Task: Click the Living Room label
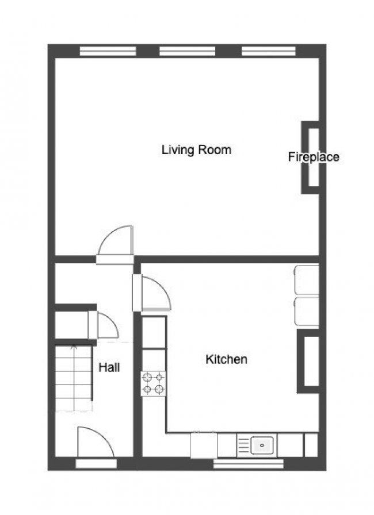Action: click(x=196, y=150)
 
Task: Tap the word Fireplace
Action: click(x=313, y=156)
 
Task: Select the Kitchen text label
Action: click(x=226, y=359)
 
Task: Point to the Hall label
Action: click(x=109, y=367)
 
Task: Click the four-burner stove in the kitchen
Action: click(x=154, y=383)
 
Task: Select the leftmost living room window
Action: click(x=108, y=51)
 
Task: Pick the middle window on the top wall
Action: click(x=186, y=51)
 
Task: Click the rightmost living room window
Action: click(x=268, y=51)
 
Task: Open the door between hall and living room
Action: click(x=116, y=244)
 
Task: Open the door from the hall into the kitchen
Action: click(x=152, y=293)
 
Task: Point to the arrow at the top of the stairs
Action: click(x=73, y=347)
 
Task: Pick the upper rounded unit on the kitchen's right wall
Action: click(x=306, y=279)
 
